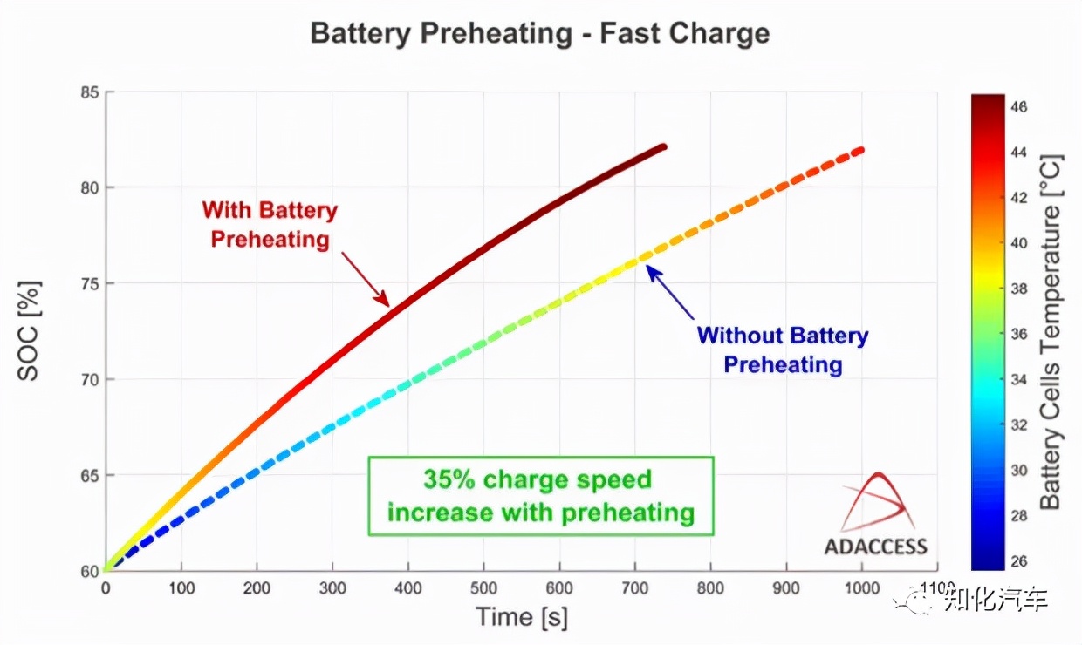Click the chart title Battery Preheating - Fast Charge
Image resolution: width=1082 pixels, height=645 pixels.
pos(540,34)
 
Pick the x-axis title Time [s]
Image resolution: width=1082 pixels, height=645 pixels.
pos(522,617)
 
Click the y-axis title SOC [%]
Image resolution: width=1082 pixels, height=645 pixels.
pos(29,331)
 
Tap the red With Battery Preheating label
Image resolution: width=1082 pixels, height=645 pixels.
pos(270,224)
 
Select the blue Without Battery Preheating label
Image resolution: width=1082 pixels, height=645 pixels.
pos(783,350)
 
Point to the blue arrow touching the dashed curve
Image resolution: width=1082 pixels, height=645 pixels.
pos(670,292)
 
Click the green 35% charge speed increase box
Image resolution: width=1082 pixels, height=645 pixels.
pos(541,495)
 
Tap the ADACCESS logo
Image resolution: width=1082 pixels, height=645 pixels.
pos(875,516)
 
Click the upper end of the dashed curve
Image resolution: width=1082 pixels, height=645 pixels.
pos(860,151)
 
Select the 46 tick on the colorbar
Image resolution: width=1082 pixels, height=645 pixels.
pos(1018,106)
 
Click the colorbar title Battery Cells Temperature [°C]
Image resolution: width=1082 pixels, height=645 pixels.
pos(1051,331)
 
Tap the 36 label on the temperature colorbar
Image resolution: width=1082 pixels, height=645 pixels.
pos(1018,334)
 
